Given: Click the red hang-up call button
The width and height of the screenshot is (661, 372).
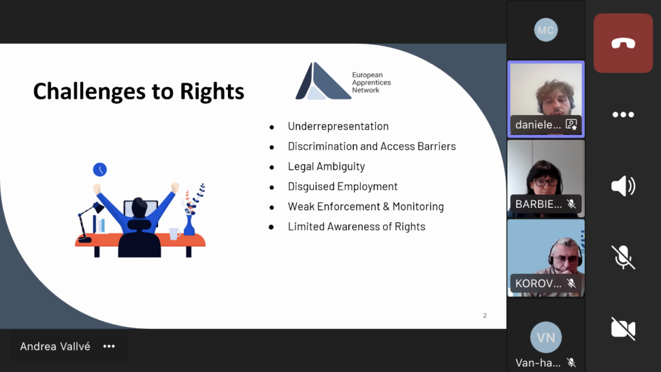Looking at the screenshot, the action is point(623,43).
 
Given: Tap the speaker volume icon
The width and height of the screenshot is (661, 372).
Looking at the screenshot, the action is point(623,186).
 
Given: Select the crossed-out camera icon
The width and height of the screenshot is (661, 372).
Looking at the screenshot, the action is point(623,329).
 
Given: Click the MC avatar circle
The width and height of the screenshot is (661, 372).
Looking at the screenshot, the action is point(546,30).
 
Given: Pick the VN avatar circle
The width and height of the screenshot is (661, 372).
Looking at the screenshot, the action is point(546,337).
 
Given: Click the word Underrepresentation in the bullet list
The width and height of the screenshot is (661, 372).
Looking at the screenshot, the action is point(338,126).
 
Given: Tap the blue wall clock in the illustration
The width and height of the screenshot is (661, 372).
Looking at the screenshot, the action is point(100,170).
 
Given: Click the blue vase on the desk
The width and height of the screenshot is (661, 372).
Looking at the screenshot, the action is point(189,225).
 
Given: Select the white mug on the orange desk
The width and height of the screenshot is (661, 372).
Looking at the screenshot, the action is point(174,233).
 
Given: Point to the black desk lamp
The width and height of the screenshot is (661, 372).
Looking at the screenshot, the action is point(90,222).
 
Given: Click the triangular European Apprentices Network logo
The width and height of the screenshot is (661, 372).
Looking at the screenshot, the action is point(323,81).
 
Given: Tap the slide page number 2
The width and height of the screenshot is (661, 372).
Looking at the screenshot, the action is point(485,315).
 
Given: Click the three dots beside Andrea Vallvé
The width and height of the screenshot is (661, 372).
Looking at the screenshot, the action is point(109,346).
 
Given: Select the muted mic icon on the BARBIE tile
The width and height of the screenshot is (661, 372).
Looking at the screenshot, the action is point(571,204).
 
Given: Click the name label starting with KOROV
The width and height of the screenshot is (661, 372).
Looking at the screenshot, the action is point(538,284).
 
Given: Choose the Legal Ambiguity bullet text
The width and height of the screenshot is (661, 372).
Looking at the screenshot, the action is point(326,167).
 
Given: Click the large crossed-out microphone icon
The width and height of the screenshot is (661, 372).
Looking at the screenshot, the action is point(623,257).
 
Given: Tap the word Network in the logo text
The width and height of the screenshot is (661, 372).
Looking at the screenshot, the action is point(365,90).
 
